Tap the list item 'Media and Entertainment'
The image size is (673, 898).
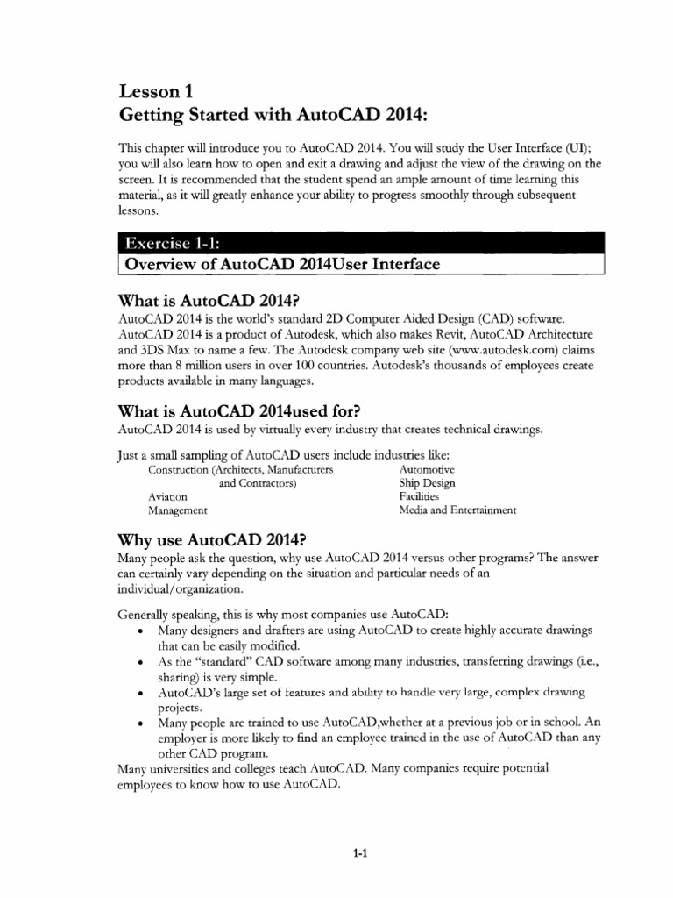457,510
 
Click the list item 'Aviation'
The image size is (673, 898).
168,496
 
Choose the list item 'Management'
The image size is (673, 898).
178,510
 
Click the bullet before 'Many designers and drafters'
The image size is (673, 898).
141,632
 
